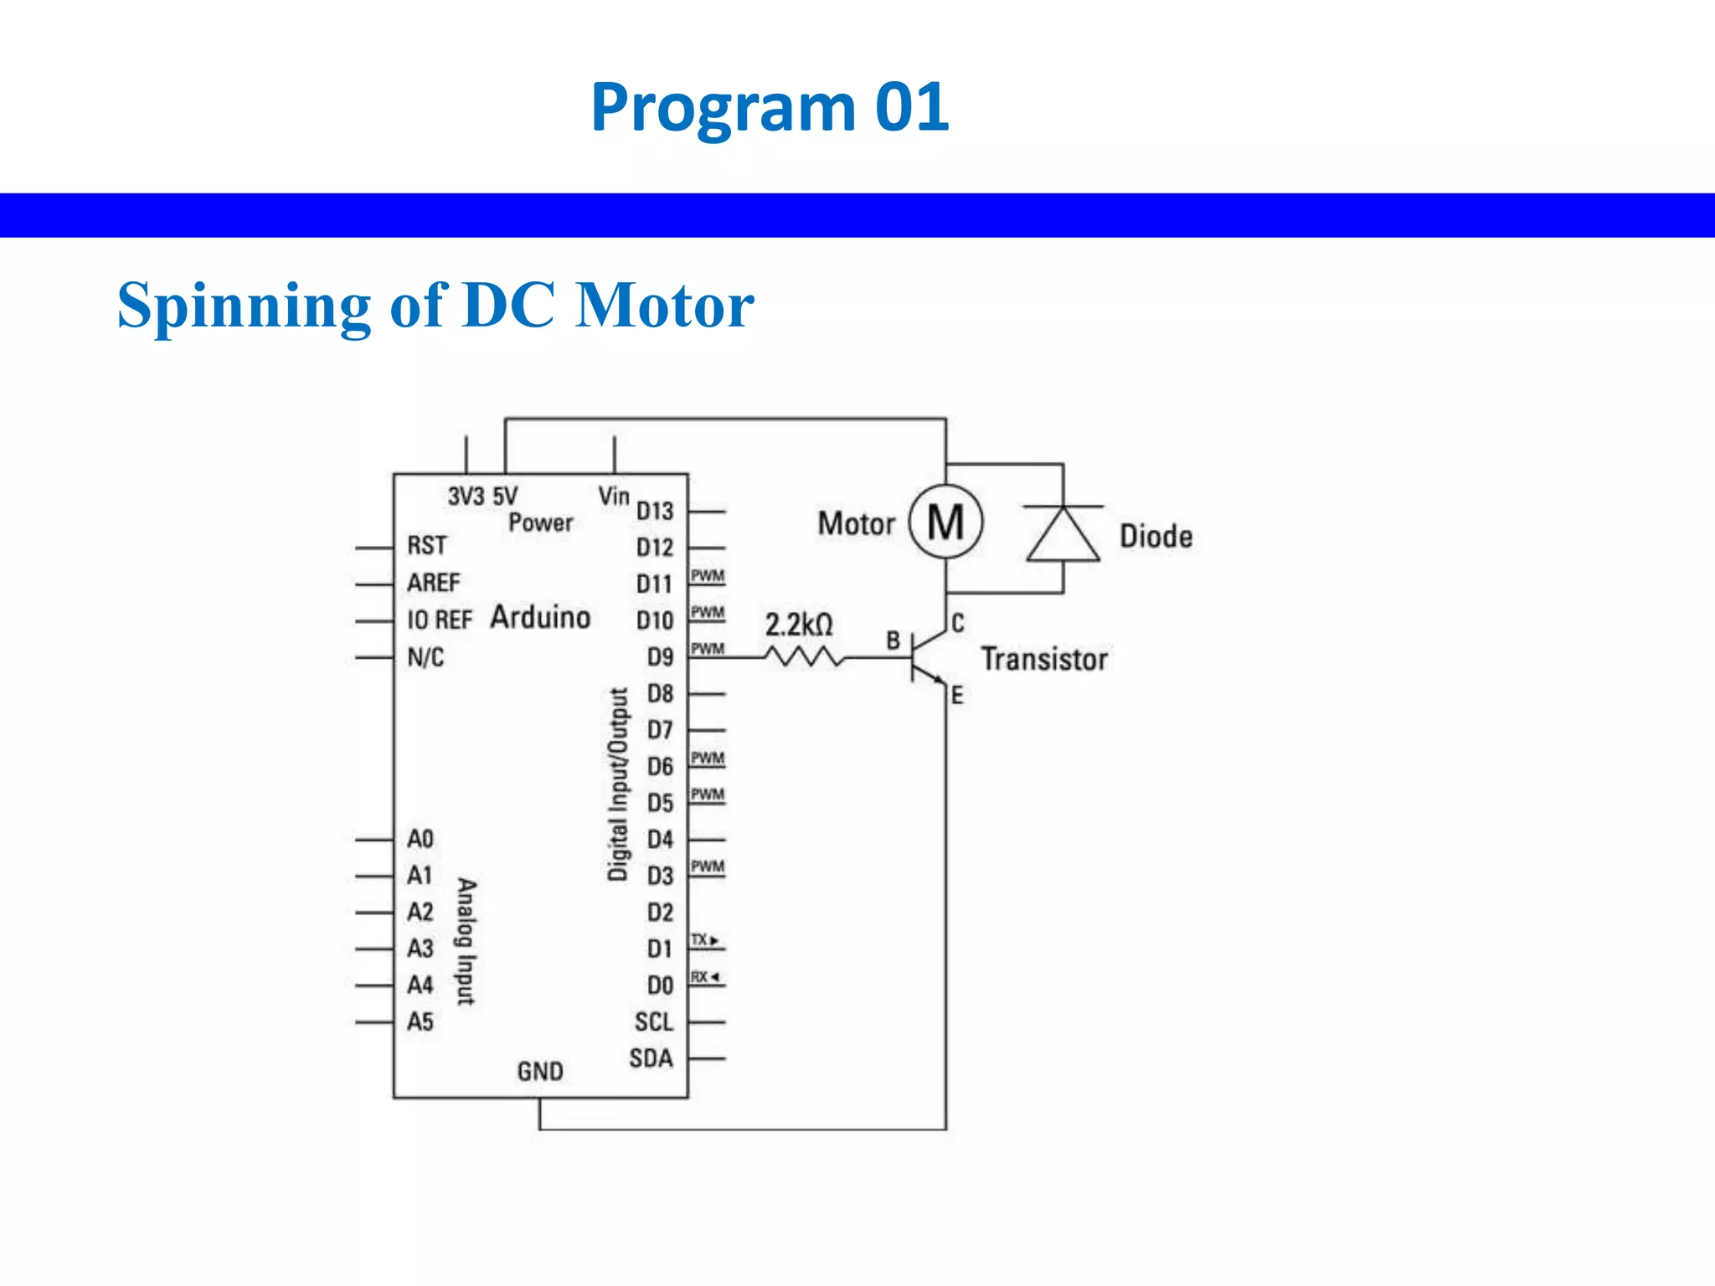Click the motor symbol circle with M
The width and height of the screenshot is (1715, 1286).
tap(945, 522)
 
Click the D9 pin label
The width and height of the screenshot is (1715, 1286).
tap(660, 657)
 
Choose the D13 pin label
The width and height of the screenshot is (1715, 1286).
tap(654, 511)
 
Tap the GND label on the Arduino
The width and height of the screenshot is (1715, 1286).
tap(540, 1071)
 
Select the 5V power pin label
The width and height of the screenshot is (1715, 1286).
tap(505, 496)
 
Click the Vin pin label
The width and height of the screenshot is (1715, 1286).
tap(614, 496)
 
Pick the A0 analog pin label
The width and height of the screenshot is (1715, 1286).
tap(420, 839)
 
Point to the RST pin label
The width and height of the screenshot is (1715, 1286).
tap(427, 546)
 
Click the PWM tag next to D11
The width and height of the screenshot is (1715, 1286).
tap(708, 576)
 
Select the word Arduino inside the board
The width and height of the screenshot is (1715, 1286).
tap(540, 617)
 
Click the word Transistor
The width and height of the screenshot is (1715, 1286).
tap(1044, 659)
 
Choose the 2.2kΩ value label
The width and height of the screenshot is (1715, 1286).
tap(799, 625)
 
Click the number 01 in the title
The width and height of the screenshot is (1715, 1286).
tap(912, 107)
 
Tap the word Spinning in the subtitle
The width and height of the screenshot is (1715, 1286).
tap(244, 306)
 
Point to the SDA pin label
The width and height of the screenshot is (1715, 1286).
tap(651, 1058)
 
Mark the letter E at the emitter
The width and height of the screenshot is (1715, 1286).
tap(957, 695)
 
